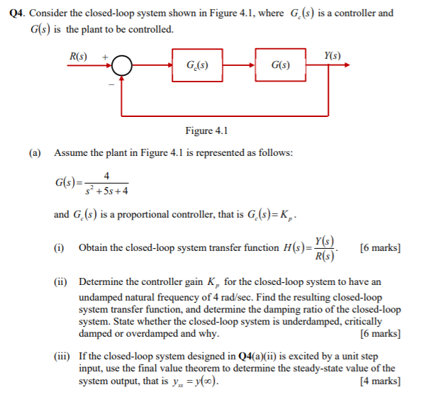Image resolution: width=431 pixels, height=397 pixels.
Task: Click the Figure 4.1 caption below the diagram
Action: pos(206,130)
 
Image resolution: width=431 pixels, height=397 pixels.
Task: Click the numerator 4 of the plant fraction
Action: pos(106,176)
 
